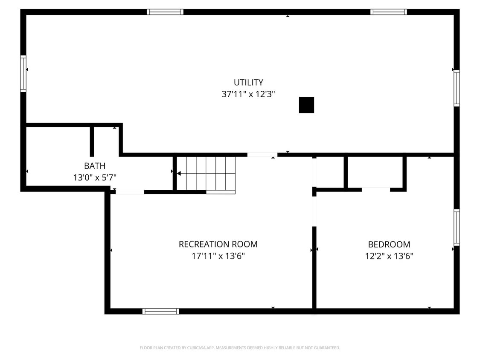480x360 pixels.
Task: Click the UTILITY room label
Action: coord(248,83)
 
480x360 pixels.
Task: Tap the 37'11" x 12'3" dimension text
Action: coord(248,94)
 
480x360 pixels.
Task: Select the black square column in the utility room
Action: coord(306,105)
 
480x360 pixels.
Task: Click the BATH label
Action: coord(94,166)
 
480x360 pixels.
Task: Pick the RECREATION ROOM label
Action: coord(218,244)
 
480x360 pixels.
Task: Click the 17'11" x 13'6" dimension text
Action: coord(218,256)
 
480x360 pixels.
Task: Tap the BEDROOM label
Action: coord(389,244)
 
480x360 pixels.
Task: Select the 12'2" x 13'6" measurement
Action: coord(389,256)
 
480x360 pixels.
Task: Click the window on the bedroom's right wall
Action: coord(457,227)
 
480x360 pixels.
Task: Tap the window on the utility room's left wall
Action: coord(23,73)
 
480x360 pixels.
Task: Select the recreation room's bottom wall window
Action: coord(160,311)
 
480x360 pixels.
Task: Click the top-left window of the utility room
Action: coord(165,12)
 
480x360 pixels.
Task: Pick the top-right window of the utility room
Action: coord(388,12)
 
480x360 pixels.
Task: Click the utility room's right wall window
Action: coord(457,88)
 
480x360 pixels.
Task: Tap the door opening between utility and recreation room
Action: coord(262,154)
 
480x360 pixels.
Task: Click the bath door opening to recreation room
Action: coord(130,192)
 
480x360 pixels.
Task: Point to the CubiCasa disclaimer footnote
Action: coord(240,348)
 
